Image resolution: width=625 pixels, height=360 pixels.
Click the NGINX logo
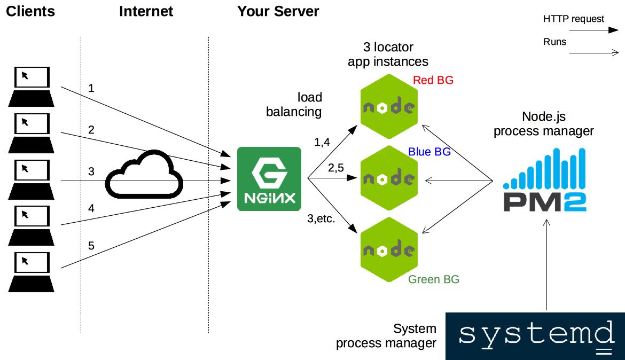269,179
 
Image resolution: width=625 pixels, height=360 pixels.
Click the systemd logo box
535,336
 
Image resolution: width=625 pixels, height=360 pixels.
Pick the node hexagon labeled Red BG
388,107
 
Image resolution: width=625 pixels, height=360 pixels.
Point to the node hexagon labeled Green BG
388,250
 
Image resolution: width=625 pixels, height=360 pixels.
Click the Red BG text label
433,80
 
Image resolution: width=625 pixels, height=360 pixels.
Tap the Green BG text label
433,279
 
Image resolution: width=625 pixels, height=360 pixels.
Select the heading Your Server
278,11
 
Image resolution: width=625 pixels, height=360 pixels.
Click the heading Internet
146,11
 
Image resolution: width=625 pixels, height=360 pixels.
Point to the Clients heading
30,11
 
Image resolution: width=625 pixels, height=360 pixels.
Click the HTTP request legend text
573,19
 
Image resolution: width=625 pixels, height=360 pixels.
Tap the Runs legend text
554,42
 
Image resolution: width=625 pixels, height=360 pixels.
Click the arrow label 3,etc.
321,218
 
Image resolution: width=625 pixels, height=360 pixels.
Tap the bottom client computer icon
31,272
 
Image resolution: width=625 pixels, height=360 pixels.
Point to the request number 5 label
91,246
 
